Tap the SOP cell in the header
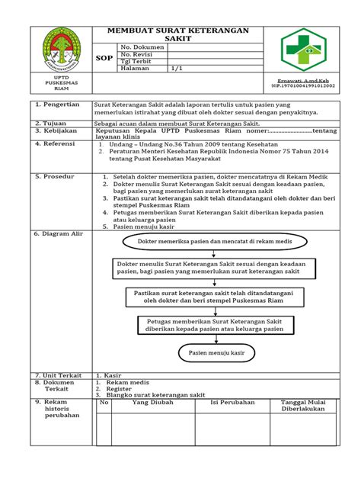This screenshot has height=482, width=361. (x=104, y=57)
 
